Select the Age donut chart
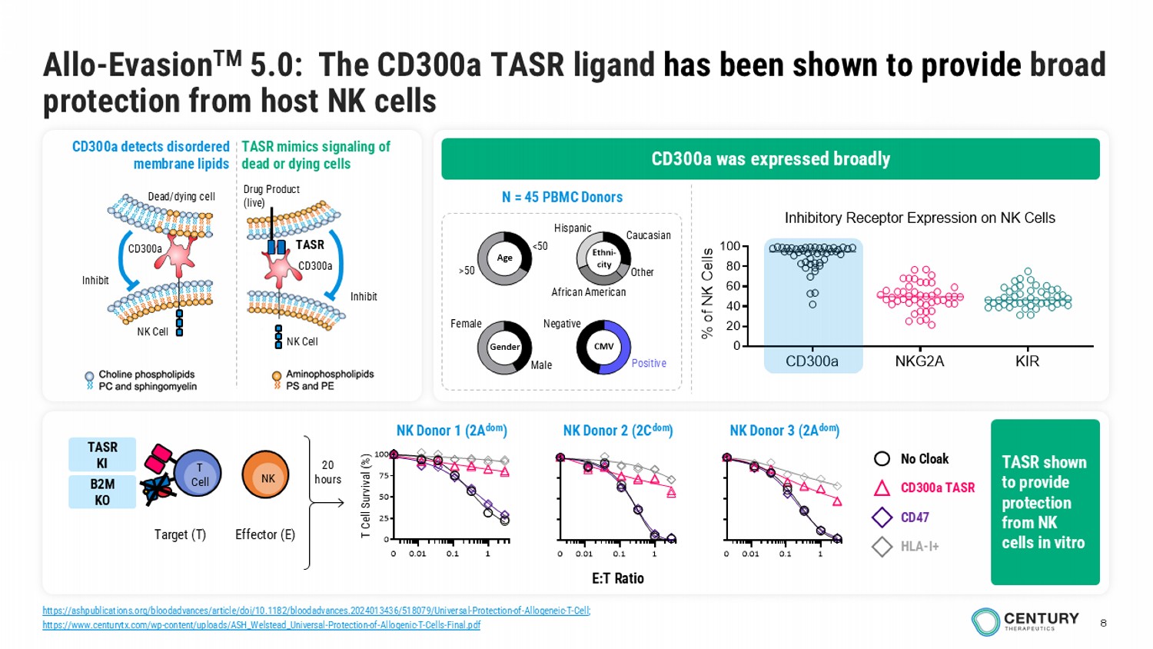pos(504,258)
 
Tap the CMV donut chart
pos(603,347)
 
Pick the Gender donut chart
pos(504,347)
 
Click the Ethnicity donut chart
pos(603,258)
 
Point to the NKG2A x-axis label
pos(919,361)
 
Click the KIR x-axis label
pos(1027,361)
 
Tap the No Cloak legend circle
pos(882,459)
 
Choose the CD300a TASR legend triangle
pos(882,488)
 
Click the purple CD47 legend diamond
pos(882,518)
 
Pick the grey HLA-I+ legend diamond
pos(882,547)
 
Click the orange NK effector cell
pos(266,476)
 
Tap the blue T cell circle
pos(198,474)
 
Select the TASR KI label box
pos(102,454)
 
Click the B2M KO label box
pos(102,492)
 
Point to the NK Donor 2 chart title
pos(617,431)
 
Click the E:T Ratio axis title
pos(617,578)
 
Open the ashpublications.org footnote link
pos(316,611)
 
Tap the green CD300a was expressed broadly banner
pos(770,159)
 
